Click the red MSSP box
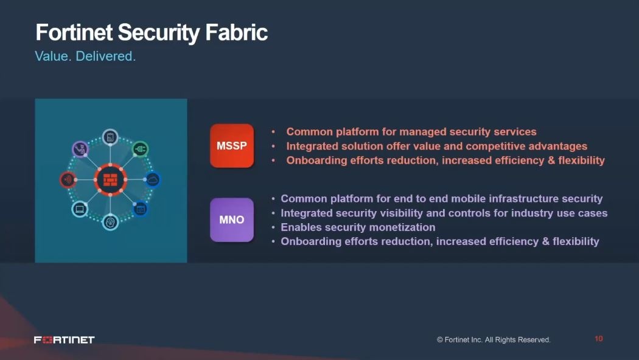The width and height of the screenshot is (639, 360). [232, 146]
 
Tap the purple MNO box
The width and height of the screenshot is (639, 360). [232, 220]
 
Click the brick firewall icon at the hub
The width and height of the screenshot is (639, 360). [110, 179]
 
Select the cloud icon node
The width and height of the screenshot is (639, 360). [153, 179]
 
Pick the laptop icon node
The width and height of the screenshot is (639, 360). [80, 209]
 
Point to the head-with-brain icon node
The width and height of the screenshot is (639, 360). [110, 222]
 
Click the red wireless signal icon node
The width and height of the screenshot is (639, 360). [68, 179]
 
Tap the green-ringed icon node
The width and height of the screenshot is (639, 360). [141, 150]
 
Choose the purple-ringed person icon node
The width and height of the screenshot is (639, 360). [80, 149]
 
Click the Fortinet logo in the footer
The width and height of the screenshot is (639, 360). [65, 340]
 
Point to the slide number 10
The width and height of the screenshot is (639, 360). [598, 339]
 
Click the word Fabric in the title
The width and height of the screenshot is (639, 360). [236, 33]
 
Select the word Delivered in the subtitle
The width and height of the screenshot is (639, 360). [105, 56]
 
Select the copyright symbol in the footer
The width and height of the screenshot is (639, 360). [440, 340]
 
